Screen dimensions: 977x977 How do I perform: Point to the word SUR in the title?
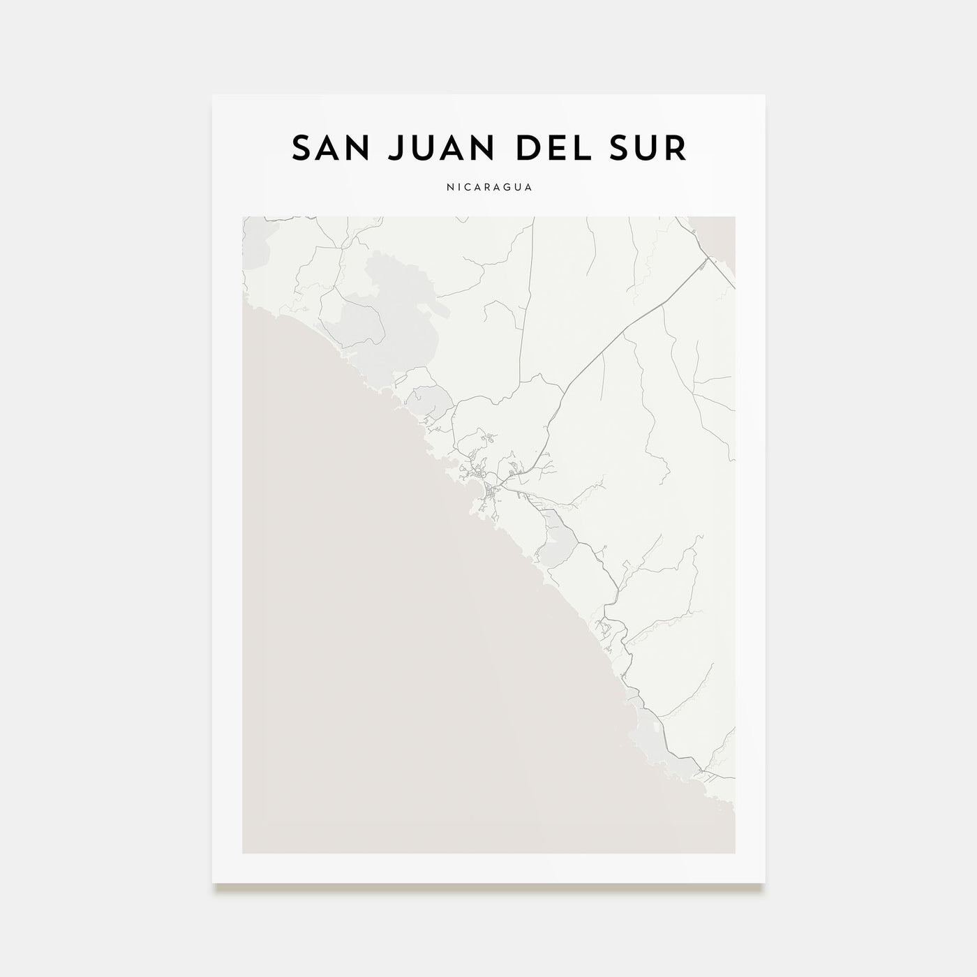650,148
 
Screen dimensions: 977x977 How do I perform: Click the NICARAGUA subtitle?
488,188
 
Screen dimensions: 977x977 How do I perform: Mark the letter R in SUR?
676,148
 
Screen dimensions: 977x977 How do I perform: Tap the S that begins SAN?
301,148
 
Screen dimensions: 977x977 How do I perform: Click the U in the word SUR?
650,148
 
